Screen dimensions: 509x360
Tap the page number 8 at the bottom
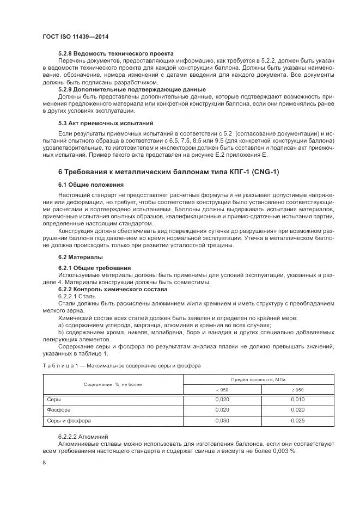click(x=44, y=462)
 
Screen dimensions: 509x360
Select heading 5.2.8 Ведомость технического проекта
click(x=115, y=53)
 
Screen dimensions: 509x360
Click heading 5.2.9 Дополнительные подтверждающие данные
click(x=131, y=89)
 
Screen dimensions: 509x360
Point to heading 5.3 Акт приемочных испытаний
click(x=105, y=123)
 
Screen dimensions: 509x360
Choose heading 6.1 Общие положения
click(x=87, y=185)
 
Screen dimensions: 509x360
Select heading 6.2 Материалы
click(x=80, y=257)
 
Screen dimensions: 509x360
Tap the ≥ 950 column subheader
click(x=298, y=390)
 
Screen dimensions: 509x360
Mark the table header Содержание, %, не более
click(x=113, y=384)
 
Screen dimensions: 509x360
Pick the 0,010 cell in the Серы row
click(x=298, y=400)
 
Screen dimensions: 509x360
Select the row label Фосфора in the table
click(x=59, y=410)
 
